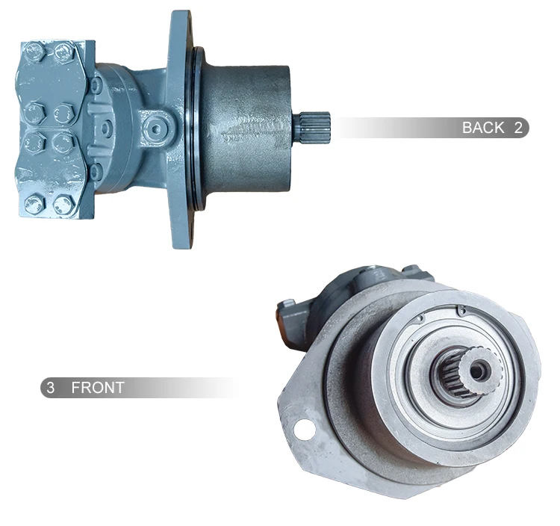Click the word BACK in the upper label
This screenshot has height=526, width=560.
coord(483,128)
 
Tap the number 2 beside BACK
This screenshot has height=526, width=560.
coord(518,128)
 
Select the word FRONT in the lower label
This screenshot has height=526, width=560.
coord(98,388)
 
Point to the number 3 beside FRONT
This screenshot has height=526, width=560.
coord(51,388)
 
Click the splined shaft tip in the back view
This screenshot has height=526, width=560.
coord(312,128)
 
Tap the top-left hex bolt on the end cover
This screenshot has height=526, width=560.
coord(35,52)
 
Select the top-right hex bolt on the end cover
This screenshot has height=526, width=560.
coord(64,52)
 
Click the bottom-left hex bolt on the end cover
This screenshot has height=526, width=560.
coord(34,205)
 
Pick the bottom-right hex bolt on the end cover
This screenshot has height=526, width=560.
coord(63,205)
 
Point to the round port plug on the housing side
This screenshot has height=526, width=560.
coord(156,129)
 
